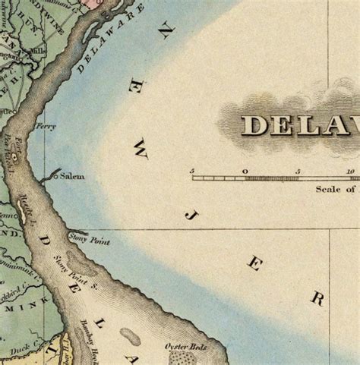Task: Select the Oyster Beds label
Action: (185, 347)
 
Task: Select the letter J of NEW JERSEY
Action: (189, 215)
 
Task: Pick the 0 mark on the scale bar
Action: (245, 171)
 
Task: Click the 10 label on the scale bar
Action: (351, 171)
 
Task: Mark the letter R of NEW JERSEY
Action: (317, 298)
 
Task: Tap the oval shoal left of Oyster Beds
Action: (130, 336)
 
